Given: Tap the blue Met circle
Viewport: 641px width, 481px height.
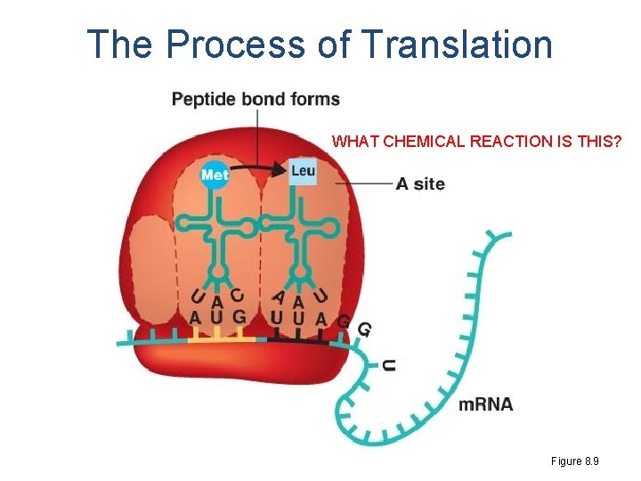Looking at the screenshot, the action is click(x=215, y=175).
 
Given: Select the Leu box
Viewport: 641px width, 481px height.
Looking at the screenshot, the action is click(x=303, y=171).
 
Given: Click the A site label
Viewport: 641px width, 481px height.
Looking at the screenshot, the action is click(x=419, y=184).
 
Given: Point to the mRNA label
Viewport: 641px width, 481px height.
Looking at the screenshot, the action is click(x=485, y=404).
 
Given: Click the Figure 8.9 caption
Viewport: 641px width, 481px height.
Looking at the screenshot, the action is click(x=575, y=461).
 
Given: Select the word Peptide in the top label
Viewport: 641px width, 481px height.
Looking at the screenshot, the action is click(x=203, y=99).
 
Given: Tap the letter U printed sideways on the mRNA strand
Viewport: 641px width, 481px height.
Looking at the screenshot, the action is click(x=388, y=365).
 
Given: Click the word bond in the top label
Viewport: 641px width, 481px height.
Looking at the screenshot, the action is click(x=263, y=99).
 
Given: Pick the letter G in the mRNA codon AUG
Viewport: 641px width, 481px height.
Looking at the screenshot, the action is click(x=238, y=317).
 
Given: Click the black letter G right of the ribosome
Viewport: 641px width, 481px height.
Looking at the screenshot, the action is click(x=364, y=330).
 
